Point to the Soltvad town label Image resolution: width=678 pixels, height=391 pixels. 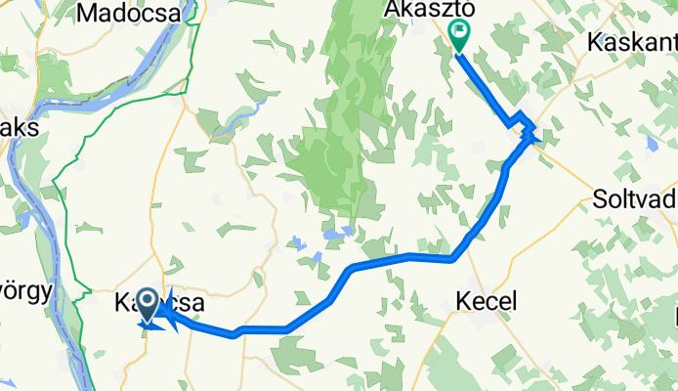click(x=635, y=202)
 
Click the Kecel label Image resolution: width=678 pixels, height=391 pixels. click(x=486, y=301)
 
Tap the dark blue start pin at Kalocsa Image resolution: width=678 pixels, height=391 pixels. click(x=148, y=305)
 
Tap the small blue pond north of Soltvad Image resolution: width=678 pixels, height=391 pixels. click(x=652, y=143)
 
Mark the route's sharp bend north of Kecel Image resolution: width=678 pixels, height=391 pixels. click(x=452, y=259)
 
